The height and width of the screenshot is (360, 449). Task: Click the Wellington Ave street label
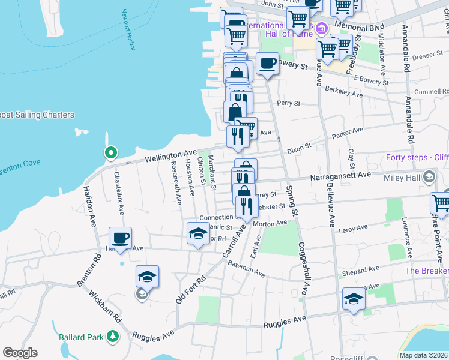click(171, 157)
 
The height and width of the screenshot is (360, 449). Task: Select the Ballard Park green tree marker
click(112, 336)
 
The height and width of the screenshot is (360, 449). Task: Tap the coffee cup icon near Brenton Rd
click(121, 238)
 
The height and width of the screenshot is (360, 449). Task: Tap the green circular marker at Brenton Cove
click(110, 153)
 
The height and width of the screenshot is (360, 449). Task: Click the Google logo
click(20, 353)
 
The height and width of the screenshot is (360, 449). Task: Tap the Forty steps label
click(416, 158)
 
